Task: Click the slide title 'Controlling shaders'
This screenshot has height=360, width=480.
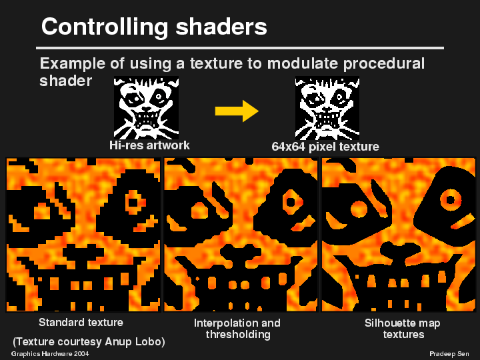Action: click(x=154, y=27)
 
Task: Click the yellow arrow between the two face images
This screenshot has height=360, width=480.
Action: click(x=237, y=111)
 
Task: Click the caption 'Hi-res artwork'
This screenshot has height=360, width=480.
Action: click(x=149, y=145)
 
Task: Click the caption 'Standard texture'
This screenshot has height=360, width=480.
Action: click(x=81, y=322)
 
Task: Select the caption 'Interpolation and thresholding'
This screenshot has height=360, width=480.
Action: click(x=237, y=328)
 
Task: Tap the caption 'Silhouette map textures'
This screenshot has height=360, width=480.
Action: click(x=403, y=328)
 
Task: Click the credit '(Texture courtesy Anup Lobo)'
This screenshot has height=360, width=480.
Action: click(x=89, y=341)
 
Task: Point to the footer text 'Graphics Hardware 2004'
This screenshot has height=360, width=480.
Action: click(x=50, y=353)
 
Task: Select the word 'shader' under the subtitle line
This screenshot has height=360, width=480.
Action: click(x=65, y=80)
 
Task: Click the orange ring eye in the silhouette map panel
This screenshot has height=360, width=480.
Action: click(x=451, y=198)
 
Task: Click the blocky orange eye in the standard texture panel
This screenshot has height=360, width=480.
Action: click(x=135, y=200)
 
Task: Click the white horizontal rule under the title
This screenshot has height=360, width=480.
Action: click(x=240, y=48)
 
